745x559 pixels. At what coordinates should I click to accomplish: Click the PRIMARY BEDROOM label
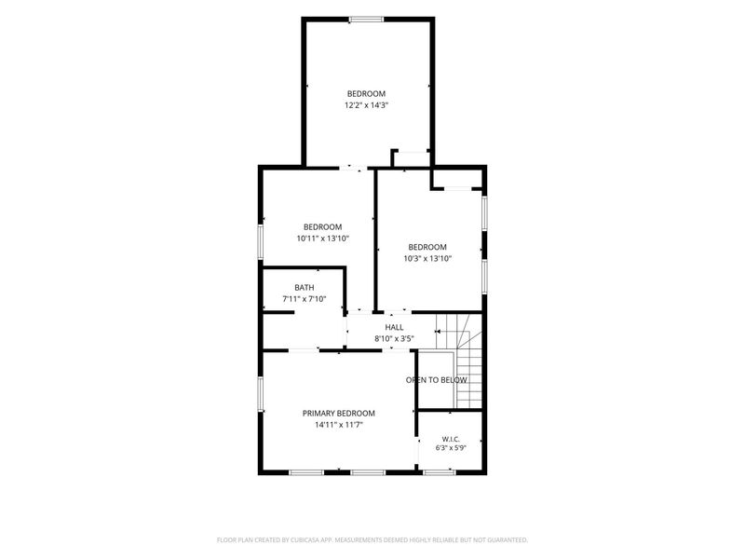point(339,414)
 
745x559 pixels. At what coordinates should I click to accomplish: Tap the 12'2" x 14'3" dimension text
point(366,105)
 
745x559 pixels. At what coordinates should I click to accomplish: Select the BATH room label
point(305,288)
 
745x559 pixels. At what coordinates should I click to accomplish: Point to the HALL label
point(394,327)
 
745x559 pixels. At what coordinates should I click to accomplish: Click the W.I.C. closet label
point(451,439)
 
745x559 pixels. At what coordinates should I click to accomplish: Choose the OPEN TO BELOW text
point(436,380)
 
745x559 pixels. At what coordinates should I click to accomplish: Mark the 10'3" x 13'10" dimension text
point(427,259)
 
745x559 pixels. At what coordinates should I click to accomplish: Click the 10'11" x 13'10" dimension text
point(323,239)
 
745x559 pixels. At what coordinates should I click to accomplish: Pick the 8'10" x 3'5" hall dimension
point(394,339)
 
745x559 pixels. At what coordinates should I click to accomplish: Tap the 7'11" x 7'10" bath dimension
point(305,299)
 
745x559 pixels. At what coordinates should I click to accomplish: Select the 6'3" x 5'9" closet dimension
point(451,448)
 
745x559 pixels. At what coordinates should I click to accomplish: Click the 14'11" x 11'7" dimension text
point(339,425)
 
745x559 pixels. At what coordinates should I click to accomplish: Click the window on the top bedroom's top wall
point(366,20)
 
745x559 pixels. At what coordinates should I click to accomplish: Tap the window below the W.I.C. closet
point(439,472)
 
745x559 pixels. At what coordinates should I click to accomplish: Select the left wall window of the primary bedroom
point(261,394)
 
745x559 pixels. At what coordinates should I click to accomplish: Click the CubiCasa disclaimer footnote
point(372,540)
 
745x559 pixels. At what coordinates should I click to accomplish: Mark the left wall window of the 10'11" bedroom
point(261,242)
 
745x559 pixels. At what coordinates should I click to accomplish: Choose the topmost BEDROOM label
point(366,94)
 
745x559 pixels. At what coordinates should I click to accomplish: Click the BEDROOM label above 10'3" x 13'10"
point(427,247)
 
